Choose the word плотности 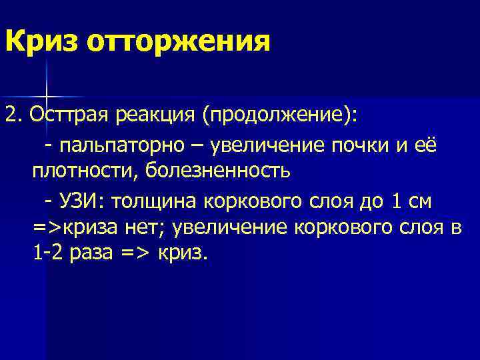(x=82, y=171)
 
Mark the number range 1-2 (x=50, y=255)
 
